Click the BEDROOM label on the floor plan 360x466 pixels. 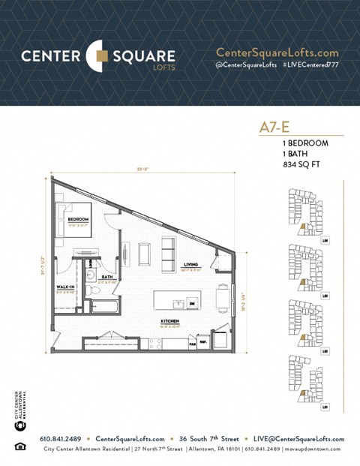[78, 219]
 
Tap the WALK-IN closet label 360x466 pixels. [66, 287]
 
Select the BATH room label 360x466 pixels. [107, 277]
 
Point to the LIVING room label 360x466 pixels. [190, 264]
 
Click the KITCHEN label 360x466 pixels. [169, 320]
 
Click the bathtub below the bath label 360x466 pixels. [105, 305]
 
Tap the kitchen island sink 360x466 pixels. [178, 302]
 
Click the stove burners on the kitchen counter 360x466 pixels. [156, 343]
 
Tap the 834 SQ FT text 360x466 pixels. [300, 164]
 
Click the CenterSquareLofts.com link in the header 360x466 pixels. [277, 53]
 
